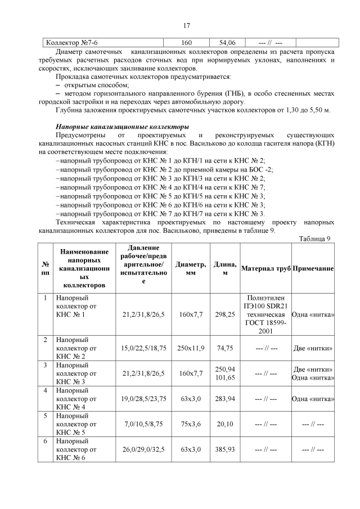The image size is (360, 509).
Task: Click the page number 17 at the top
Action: tap(186, 25)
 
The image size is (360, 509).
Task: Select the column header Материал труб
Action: tap(265, 269)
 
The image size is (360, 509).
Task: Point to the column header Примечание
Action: tap(313, 269)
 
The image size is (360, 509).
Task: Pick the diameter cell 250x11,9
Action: tap(191, 348)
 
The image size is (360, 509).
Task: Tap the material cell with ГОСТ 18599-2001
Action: tap(265, 314)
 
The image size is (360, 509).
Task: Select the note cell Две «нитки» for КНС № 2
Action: tap(313, 348)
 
